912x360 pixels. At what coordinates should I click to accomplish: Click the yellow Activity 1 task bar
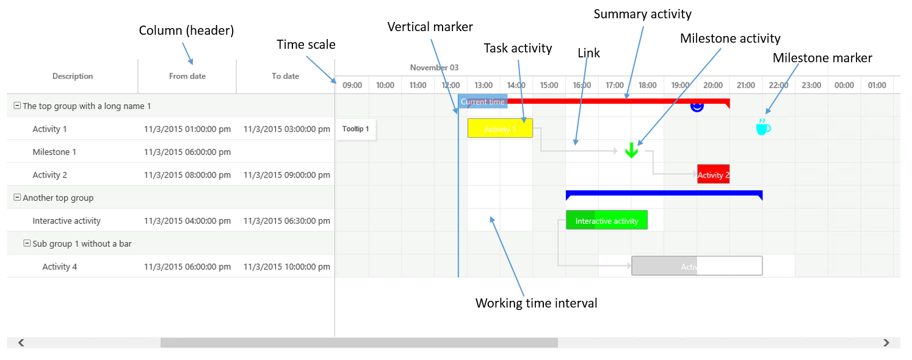500,128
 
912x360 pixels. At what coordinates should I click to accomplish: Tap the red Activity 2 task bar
713,175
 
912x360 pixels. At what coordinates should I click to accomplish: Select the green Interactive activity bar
606,220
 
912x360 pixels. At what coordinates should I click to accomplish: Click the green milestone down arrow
631,151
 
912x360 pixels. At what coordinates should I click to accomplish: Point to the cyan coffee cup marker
762,127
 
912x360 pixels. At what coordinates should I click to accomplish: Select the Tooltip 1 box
356,129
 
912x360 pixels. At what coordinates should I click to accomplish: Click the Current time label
482,102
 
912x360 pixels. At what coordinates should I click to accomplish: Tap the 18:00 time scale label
647,85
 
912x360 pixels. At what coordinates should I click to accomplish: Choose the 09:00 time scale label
352,85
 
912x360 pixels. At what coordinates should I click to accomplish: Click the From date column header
187,76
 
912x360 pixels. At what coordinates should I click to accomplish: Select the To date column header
285,76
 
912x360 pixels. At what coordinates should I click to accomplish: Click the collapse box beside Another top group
17,198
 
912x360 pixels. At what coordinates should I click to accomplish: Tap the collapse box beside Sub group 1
27,243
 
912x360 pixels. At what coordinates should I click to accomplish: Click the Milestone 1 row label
54,152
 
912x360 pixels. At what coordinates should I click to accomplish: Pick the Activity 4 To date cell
286,267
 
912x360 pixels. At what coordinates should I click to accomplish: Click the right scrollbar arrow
886,343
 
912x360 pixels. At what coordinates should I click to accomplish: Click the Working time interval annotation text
536,303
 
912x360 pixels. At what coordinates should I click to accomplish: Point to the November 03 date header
434,68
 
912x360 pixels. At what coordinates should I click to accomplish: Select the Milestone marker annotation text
822,58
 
